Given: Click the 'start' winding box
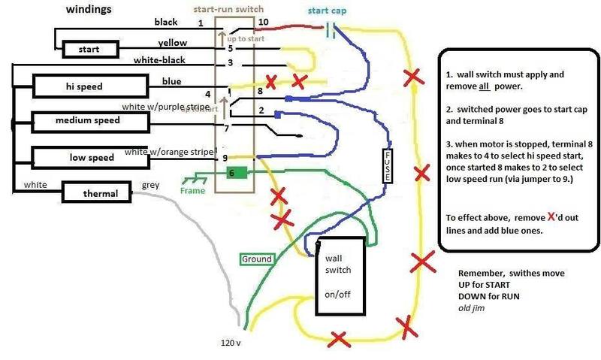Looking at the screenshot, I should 89,50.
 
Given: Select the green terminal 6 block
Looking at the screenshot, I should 234,172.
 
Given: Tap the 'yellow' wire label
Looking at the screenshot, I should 173,43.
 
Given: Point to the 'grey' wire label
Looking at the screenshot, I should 151,185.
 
